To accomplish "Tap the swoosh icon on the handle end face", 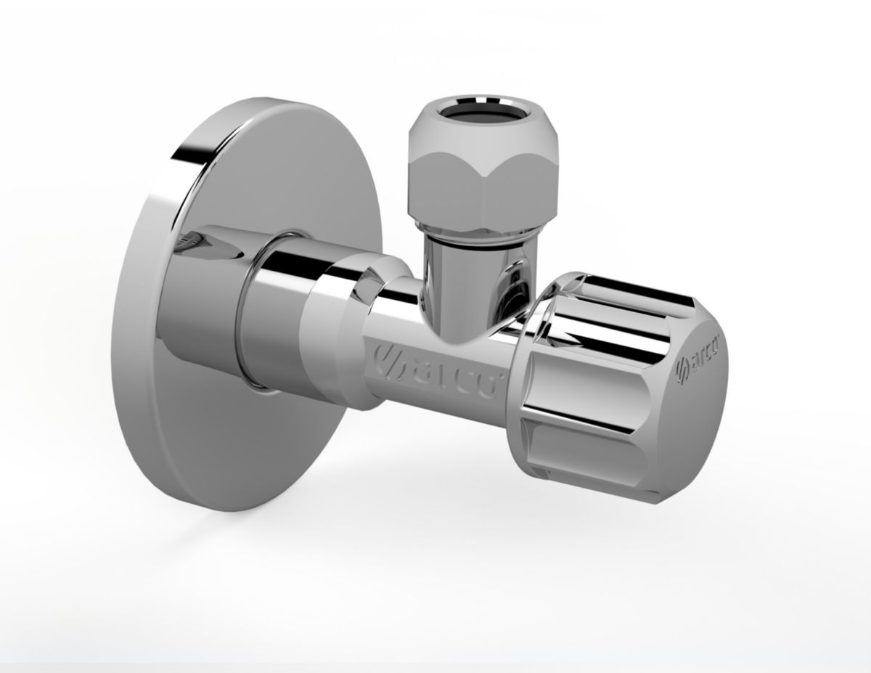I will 681,366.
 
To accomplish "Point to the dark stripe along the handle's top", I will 624,290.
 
